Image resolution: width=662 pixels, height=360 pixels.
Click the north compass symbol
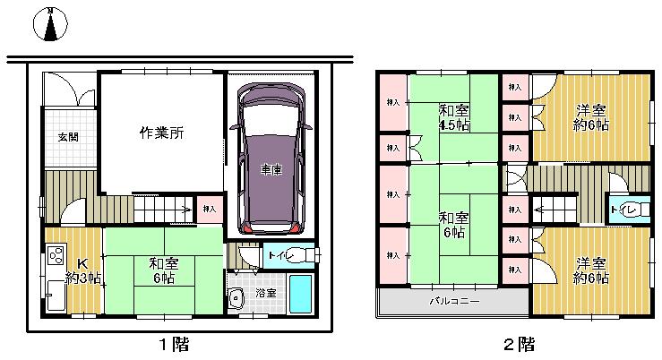pyautogui.click(x=51, y=26)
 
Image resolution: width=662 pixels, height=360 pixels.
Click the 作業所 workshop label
pyautogui.click(x=161, y=133)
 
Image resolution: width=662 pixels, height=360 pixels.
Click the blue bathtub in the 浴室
pyautogui.click(x=302, y=295)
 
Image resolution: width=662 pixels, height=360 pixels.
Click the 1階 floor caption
pyautogui.click(x=173, y=344)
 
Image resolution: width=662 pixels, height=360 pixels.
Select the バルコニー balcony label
pyautogui.click(x=454, y=301)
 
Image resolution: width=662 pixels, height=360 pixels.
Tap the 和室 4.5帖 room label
pyautogui.click(x=453, y=117)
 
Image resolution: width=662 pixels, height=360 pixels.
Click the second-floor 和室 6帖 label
pyautogui.click(x=453, y=225)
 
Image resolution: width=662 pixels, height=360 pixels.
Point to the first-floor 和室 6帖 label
pyautogui.click(x=163, y=270)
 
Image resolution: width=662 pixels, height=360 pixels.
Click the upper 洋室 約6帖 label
pyautogui.click(x=591, y=117)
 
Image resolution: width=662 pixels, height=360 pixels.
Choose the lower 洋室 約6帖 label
pyautogui.click(x=591, y=270)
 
